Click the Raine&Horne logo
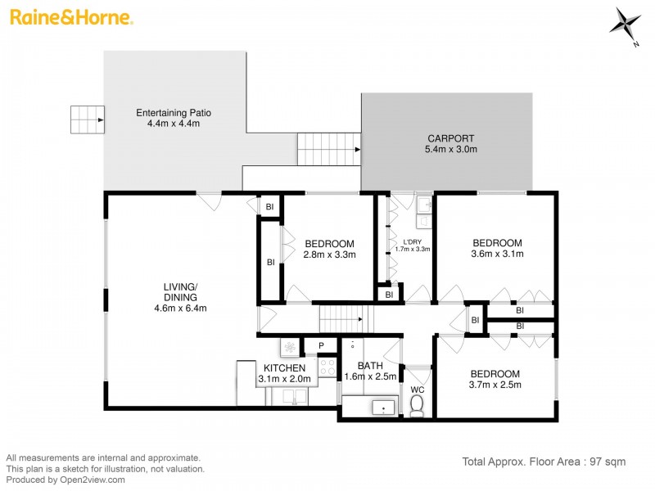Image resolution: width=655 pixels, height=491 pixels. click(70, 17)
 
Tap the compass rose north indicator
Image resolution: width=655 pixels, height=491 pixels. click(626, 23)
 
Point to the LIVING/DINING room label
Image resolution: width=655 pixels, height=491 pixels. click(180, 297)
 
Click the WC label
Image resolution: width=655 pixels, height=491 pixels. click(417, 389)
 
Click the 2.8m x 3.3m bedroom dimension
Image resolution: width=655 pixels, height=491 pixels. click(329, 255)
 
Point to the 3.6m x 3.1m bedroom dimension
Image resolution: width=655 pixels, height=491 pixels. click(497, 254)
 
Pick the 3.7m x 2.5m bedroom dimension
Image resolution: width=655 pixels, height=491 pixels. click(494, 385)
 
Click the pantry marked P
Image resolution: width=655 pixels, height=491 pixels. click(321, 345)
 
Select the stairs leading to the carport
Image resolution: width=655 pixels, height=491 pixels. click(328, 149)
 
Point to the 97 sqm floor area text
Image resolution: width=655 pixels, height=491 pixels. click(544, 462)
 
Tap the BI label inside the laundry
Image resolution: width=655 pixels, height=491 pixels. click(389, 295)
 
